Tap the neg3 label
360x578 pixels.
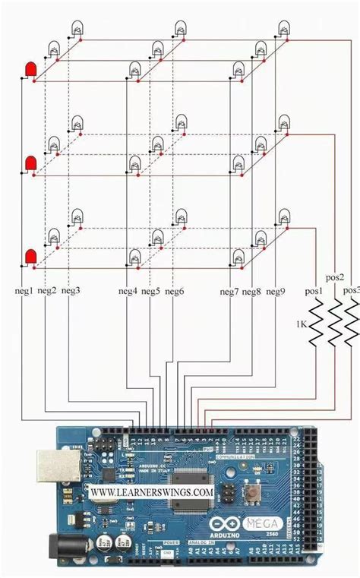click(x=71, y=291)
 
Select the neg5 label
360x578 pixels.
click(x=150, y=291)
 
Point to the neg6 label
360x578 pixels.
click(x=175, y=291)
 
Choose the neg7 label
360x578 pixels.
click(x=230, y=291)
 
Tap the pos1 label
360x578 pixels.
click(x=314, y=291)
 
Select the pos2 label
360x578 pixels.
click(x=335, y=278)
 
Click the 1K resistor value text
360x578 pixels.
click(x=301, y=324)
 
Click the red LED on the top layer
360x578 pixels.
click(x=31, y=71)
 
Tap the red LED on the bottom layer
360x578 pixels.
click(x=31, y=257)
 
